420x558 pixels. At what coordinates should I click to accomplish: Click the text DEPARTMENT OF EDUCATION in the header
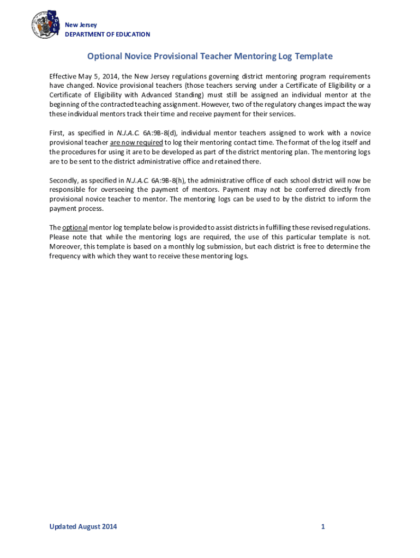[107, 34]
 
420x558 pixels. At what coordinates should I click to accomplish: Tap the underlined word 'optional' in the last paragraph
[75, 227]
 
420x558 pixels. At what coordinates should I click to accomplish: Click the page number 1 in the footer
[323, 526]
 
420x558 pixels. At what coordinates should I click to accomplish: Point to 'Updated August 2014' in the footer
[83, 526]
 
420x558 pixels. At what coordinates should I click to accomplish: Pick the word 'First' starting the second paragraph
[56, 133]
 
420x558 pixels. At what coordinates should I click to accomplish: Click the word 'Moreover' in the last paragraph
[65, 246]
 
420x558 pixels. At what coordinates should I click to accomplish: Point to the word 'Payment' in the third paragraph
[232, 190]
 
